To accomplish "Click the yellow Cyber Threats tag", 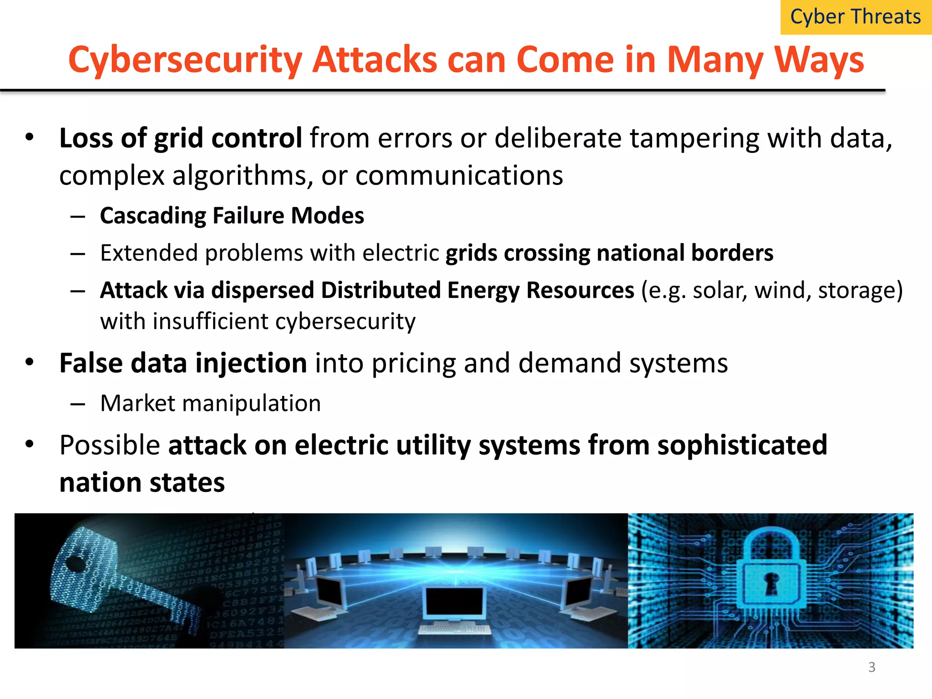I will (856, 17).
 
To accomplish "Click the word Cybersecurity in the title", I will (185, 60).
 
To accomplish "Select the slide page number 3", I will (871, 667).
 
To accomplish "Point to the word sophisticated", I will (742, 445).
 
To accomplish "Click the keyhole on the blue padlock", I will (771, 583).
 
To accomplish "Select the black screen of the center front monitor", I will (454, 601).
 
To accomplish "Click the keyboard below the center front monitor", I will (454, 629).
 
